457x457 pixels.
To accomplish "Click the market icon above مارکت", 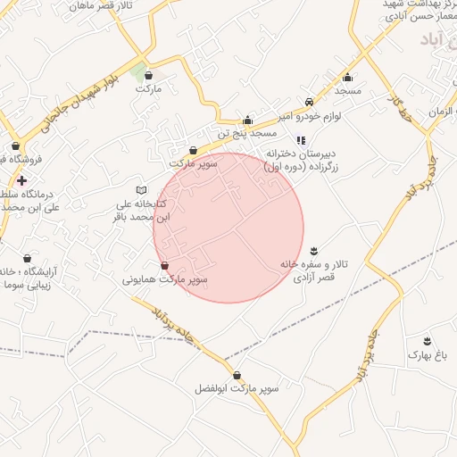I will (x=148, y=76).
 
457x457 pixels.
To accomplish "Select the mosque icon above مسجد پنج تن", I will (x=248, y=120).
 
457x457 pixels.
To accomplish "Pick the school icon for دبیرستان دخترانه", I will (x=301, y=140).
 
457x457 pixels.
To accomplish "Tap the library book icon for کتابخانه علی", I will (x=141, y=190).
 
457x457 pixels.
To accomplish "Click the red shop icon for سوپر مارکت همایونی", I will (x=164, y=266).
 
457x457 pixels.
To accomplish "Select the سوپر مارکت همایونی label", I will (x=165, y=279).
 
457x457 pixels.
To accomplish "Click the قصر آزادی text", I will (x=314, y=278).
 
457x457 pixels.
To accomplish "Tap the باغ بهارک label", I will (x=425, y=355).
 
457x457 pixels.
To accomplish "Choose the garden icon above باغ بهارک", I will (x=427, y=341).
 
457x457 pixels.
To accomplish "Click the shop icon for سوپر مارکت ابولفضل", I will (x=237, y=375).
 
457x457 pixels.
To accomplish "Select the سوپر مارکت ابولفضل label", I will (x=237, y=389).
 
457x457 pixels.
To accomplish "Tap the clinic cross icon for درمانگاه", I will (x=22, y=180).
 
